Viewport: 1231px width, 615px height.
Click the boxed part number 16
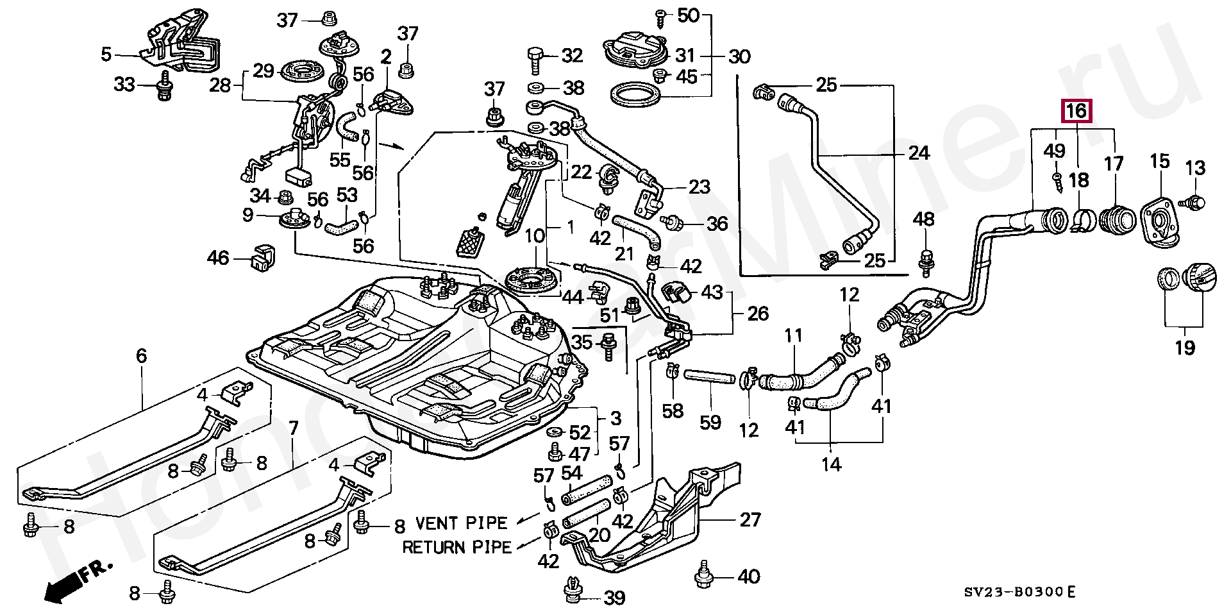(1076, 112)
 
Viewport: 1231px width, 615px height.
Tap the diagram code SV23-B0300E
(1022, 591)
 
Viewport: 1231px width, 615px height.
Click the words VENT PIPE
(461, 523)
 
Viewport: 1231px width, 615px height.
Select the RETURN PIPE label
(456, 547)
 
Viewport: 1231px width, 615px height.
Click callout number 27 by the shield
(749, 519)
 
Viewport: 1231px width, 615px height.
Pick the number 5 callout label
(106, 55)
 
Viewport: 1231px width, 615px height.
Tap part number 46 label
(218, 258)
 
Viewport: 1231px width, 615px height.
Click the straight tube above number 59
(709, 376)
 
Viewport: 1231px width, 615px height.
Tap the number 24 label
(918, 153)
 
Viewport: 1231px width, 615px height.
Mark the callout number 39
(614, 598)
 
